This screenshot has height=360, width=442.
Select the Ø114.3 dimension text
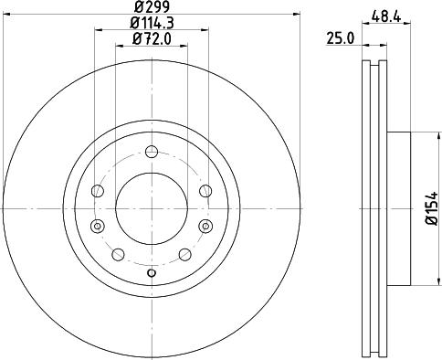(x=151, y=22)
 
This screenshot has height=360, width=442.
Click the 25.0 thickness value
(x=340, y=37)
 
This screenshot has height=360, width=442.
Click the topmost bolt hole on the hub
(x=152, y=152)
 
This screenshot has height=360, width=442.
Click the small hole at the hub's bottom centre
(x=152, y=273)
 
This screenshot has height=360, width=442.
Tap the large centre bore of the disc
(x=152, y=207)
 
